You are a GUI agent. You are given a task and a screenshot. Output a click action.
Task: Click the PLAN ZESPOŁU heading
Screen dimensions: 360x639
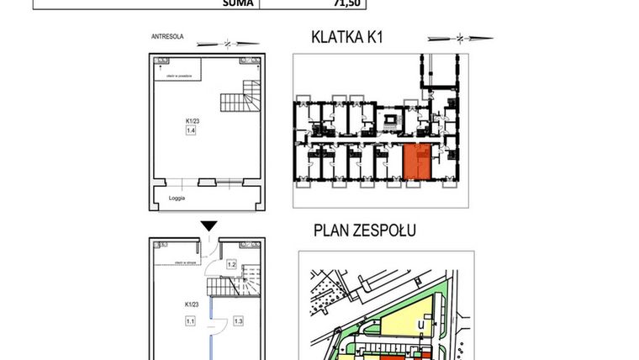tap(365, 230)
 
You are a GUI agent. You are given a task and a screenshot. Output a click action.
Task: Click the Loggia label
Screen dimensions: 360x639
tap(176, 198)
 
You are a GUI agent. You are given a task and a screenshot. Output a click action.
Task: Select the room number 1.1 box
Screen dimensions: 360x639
tap(190, 320)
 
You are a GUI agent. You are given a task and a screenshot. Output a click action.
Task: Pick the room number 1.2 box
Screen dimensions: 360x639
tap(231, 265)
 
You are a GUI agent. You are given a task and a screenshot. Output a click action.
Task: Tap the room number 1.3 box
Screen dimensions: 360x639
tap(238, 320)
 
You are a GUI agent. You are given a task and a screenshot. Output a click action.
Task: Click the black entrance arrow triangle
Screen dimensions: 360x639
tap(209, 225)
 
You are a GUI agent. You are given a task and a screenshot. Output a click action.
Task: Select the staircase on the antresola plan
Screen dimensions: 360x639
tap(237, 98)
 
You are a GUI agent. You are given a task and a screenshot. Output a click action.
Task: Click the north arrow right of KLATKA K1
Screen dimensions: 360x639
tap(459, 38)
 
